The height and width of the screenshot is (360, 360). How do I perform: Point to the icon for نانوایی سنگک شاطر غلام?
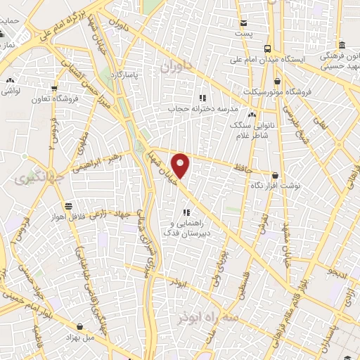(252, 115)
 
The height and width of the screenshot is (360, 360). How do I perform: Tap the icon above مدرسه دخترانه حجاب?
(202, 98)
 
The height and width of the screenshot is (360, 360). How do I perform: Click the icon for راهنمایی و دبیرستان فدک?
(186, 212)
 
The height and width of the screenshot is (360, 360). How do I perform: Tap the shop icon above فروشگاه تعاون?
(54, 89)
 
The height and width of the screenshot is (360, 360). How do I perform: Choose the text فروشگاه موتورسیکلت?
(274, 93)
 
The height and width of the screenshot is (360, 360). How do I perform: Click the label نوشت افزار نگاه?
(281, 187)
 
